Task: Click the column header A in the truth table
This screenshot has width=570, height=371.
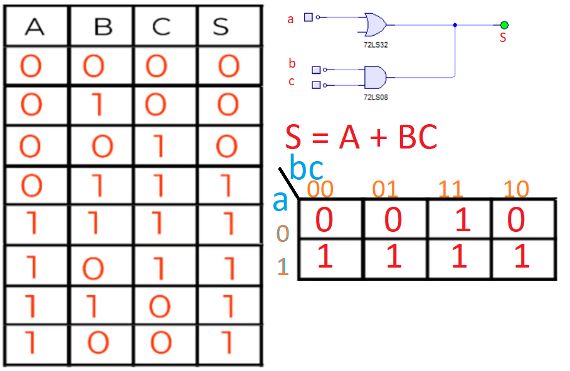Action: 34,28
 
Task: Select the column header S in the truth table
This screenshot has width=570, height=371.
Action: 221,28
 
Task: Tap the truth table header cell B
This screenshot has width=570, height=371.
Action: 102,28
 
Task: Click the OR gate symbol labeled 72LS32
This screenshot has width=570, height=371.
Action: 374,24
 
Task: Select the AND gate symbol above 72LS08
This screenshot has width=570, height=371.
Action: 374,77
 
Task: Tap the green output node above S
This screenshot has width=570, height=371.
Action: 504,25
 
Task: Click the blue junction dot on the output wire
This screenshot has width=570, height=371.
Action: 455,25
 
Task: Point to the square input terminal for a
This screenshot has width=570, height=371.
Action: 308,18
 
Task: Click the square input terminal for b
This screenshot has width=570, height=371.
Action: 316,70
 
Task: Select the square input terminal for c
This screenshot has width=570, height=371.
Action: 316,85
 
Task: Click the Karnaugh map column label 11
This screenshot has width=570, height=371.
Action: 451,189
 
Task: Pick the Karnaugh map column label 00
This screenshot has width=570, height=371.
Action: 320,189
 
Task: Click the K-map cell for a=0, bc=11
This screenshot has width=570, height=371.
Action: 460,220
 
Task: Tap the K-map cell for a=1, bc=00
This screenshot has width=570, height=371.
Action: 330,258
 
